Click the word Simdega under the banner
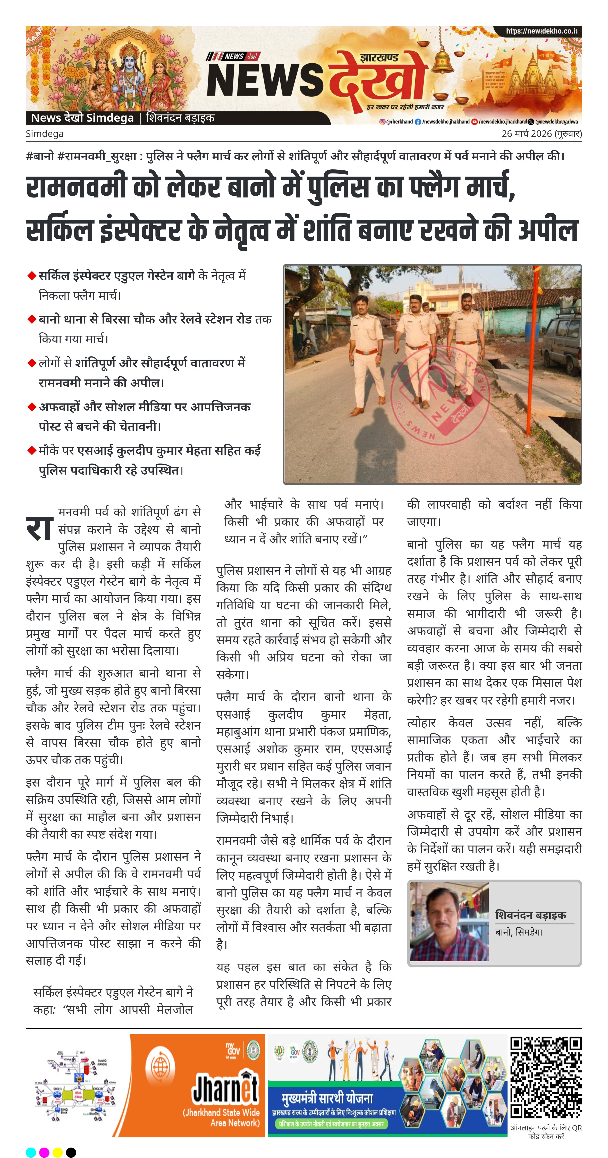(x=45, y=134)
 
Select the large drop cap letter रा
(x=39, y=527)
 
